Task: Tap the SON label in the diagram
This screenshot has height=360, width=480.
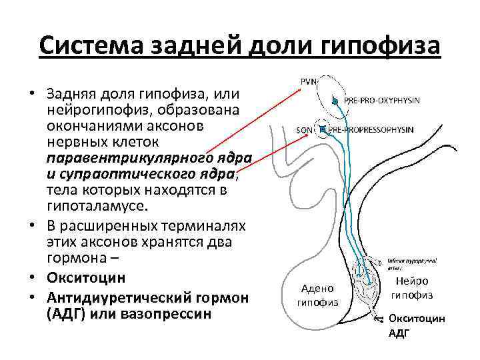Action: pos(304,129)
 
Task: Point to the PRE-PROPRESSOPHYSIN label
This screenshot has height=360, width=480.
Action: pos(377,129)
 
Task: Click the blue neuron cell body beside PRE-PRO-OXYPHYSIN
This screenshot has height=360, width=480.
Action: pos(332,101)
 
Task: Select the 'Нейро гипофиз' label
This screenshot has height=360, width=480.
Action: pos(411,288)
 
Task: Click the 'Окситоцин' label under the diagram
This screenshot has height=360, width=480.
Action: pos(417,319)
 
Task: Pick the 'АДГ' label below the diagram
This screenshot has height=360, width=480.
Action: pos(399,333)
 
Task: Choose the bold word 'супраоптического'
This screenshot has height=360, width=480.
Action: pos(147,174)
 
